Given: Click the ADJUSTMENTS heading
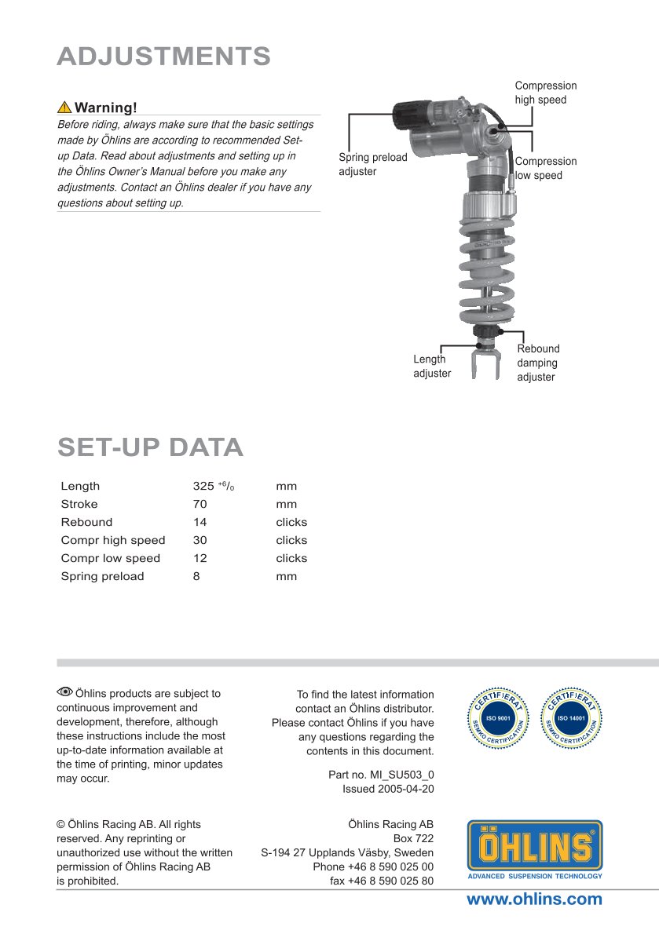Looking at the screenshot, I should pyautogui.click(x=164, y=57).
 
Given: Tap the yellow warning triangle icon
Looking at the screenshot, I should pyautogui.click(x=64, y=108).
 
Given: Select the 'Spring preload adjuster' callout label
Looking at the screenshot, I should pyautogui.click(x=373, y=164).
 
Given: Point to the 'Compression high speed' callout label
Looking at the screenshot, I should pyautogui.click(x=545, y=93).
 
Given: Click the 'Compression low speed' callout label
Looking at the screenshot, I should pyautogui.click(x=545, y=168).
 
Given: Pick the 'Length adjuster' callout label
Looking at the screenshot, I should pyautogui.click(x=432, y=367).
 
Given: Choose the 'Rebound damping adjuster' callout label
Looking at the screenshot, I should pyautogui.click(x=538, y=363).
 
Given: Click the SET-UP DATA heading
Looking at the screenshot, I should pyautogui.click(x=150, y=447).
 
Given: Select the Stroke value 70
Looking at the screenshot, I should pyautogui.click(x=200, y=504).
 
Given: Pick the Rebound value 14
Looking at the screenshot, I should pyautogui.click(x=200, y=522).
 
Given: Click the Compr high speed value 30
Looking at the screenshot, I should pyautogui.click(x=200, y=540).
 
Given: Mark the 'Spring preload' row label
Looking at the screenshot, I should pyautogui.click(x=102, y=576).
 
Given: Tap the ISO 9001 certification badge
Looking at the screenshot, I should pyautogui.click(x=500, y=717).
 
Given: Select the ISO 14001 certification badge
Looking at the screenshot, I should pyautogui.click(x=572, y=717).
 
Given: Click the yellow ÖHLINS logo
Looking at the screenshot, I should pyautogui.click(x=535, y=847).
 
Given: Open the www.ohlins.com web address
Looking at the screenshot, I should pyautogui.click(x=534, y=899).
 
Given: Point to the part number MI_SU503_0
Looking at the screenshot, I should pyautogui.click(x=381, y=775).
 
